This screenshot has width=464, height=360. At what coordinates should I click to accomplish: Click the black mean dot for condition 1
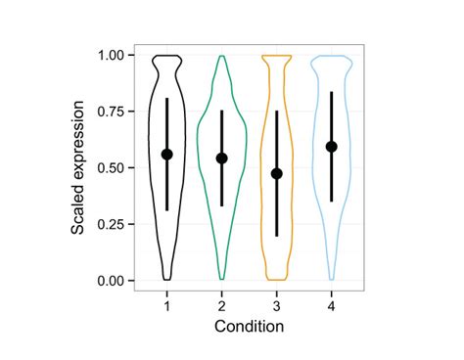(166, 155)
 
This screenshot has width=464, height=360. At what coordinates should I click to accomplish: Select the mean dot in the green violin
(221, 158)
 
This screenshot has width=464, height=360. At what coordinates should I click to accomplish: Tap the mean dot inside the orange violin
(277, 173)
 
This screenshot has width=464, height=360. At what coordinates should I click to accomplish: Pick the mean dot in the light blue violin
(332, 147)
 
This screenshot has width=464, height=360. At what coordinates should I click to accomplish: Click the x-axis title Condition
(249, 326)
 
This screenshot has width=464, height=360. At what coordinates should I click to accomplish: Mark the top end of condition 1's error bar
(166, 99)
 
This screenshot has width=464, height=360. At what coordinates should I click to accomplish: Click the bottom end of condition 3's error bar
(277, 235)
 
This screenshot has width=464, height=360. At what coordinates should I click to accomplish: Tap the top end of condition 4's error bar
(332, 92)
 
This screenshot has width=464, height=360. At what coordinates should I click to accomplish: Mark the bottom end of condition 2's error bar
(221, 205)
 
